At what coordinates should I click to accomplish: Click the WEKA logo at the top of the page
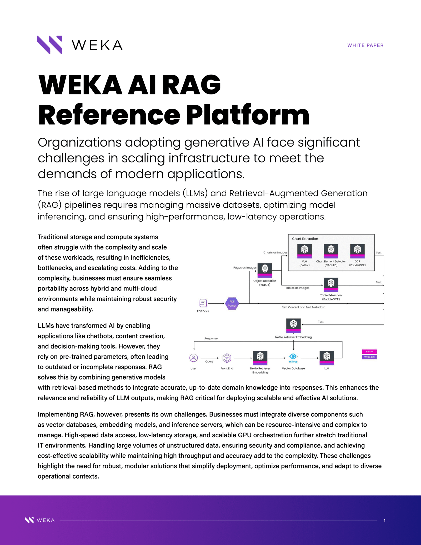(x=79, y=45)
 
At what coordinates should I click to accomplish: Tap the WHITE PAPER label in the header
(x=365, y=45)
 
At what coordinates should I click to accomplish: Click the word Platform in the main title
(x=247, y=115)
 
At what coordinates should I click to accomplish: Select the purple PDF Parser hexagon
(x=232, y=303)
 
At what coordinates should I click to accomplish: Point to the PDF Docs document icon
(x=203, y=303)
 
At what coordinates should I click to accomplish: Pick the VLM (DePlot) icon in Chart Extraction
(x=304, y=251)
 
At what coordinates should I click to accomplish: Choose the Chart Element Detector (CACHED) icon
(x=331, y=251)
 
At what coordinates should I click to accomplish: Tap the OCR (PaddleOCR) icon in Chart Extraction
(x=357, y=251)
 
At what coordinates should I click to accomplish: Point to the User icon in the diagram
(x=193, y=358)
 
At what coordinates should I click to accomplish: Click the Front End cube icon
(x=227, y=358)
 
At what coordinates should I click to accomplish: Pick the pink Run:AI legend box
(x=369, y=352)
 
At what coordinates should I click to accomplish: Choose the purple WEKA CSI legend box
(x=369, y=357)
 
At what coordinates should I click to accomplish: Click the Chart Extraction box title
(x=305, y=239)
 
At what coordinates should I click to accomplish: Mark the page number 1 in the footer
(x=384, y=520)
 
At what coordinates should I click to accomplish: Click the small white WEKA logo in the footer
(x=39, y=520)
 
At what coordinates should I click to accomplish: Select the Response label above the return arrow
(x=211, y=338)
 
